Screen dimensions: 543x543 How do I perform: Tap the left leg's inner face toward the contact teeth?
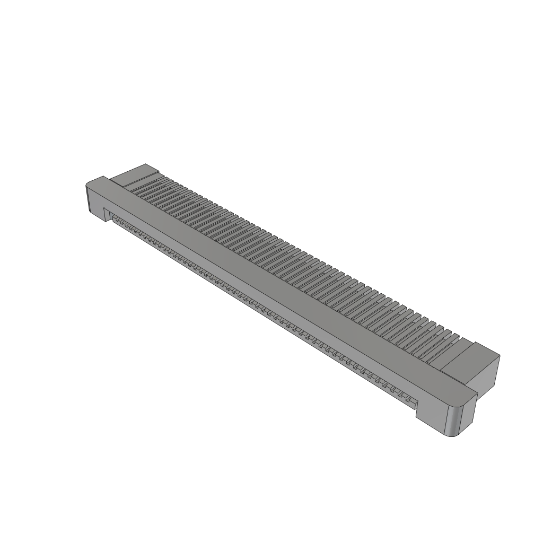107,215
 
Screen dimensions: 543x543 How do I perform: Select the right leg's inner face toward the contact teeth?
417,408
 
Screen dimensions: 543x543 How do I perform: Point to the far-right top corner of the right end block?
499,356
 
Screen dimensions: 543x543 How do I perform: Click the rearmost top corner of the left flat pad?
146,164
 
